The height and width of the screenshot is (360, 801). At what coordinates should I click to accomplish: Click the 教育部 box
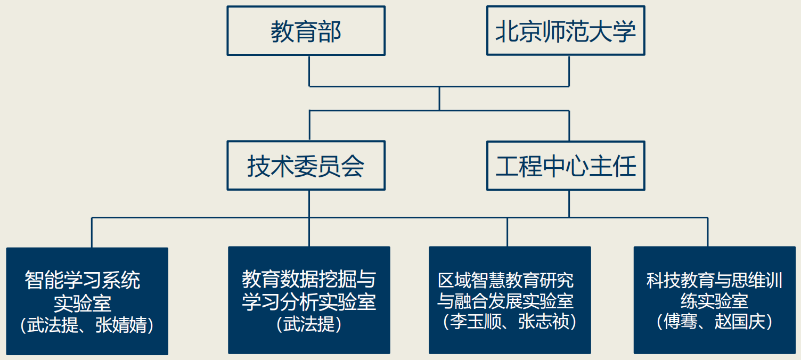tap(306, 31)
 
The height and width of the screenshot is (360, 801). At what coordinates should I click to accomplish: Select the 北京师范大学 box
tap(566, 31)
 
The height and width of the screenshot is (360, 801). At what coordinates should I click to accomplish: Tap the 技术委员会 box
tap(306, 166)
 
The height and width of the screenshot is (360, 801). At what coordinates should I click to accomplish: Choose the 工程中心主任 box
tap(566, 166)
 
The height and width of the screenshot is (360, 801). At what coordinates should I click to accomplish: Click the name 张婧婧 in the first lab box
tap(121, 325)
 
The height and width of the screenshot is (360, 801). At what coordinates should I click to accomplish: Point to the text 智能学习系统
tap(83, 280)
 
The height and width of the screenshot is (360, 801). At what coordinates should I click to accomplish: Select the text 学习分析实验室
tap(309, 301)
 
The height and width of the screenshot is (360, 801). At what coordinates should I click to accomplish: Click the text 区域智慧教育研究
tap(505, 280)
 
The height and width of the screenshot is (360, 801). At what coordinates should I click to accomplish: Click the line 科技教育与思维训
tap(714, 280)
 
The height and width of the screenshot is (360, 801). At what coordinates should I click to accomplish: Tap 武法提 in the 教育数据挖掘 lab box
tap(309, 324)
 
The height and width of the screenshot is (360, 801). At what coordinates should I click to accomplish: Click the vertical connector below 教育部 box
tap(309, 70)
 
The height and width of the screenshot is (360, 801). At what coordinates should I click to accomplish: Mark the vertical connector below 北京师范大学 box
tap(569, 70)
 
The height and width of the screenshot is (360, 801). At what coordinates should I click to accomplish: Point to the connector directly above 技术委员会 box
tap(309, 126)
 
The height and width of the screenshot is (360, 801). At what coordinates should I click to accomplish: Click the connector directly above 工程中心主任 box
tap(569, 126)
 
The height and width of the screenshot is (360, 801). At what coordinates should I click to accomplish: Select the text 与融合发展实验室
tap(505, 301)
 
